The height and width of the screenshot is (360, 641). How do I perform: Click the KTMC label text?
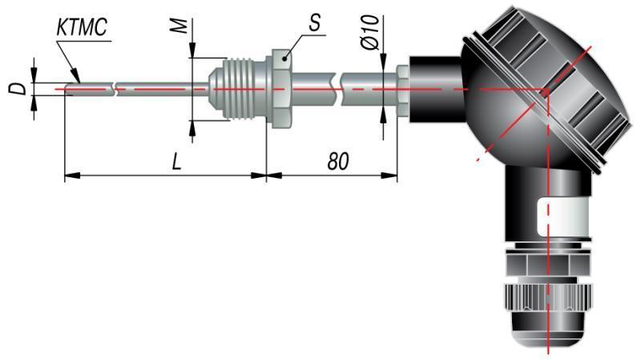tap(82, 28)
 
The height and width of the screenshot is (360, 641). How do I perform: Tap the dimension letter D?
tap(18, 89)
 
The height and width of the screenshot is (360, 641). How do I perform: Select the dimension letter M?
tap(179, 26)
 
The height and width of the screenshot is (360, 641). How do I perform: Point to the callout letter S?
tap(314, 23)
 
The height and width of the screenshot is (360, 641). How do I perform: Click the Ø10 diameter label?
tap(370, 33)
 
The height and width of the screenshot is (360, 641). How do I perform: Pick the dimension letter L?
tap(176, 162)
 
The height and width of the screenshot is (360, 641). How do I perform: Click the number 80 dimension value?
tap(338, 162)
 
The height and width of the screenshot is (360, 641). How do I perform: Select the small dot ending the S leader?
tap(285, 59)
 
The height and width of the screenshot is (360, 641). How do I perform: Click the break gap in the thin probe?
tap(114, 89)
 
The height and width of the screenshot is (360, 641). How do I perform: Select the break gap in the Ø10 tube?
tap(337, 89)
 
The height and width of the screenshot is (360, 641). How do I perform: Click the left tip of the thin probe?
tap(67, 89)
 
